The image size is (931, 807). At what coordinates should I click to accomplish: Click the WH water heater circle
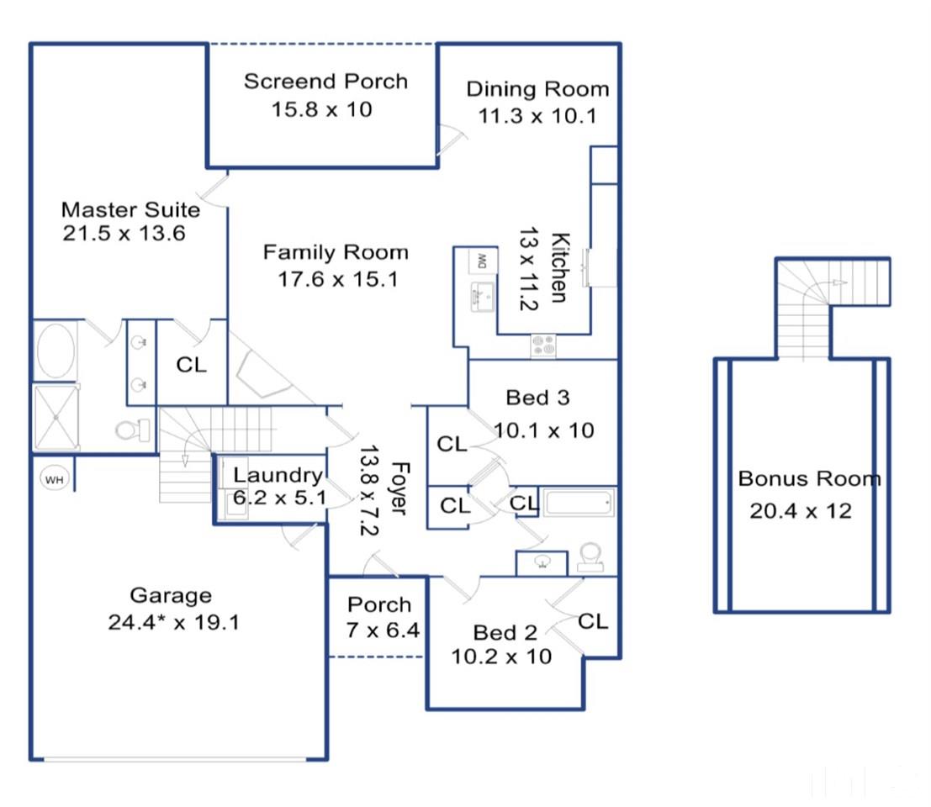(54, 479)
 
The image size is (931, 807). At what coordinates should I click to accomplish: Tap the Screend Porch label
(326, 82)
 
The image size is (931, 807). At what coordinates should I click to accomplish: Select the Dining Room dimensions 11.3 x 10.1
(537, 116)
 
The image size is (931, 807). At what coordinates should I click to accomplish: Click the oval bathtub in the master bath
(56, 350)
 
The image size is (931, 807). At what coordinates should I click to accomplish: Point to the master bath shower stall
(56, 417)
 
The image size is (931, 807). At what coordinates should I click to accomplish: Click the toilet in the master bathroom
(133, 429)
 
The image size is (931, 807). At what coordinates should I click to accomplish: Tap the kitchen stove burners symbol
(543, 346)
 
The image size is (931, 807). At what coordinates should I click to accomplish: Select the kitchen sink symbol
(483, 296)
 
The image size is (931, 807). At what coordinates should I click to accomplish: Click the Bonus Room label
(809, 478)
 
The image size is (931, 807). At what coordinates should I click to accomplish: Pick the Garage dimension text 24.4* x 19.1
(173, 622)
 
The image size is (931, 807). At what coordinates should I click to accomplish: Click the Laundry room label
(278, 475)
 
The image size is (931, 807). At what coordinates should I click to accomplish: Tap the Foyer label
(399, 488)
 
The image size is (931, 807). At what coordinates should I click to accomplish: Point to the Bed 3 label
(537, 398)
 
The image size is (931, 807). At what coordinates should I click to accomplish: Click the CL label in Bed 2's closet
(593, 621)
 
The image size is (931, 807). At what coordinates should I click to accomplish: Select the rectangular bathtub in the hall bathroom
(579, 503)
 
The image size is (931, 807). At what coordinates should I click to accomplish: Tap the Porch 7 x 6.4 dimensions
(383, 630)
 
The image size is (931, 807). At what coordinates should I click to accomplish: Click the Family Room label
(336, 253)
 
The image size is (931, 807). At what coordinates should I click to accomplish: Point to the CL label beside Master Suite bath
(191, 365)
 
